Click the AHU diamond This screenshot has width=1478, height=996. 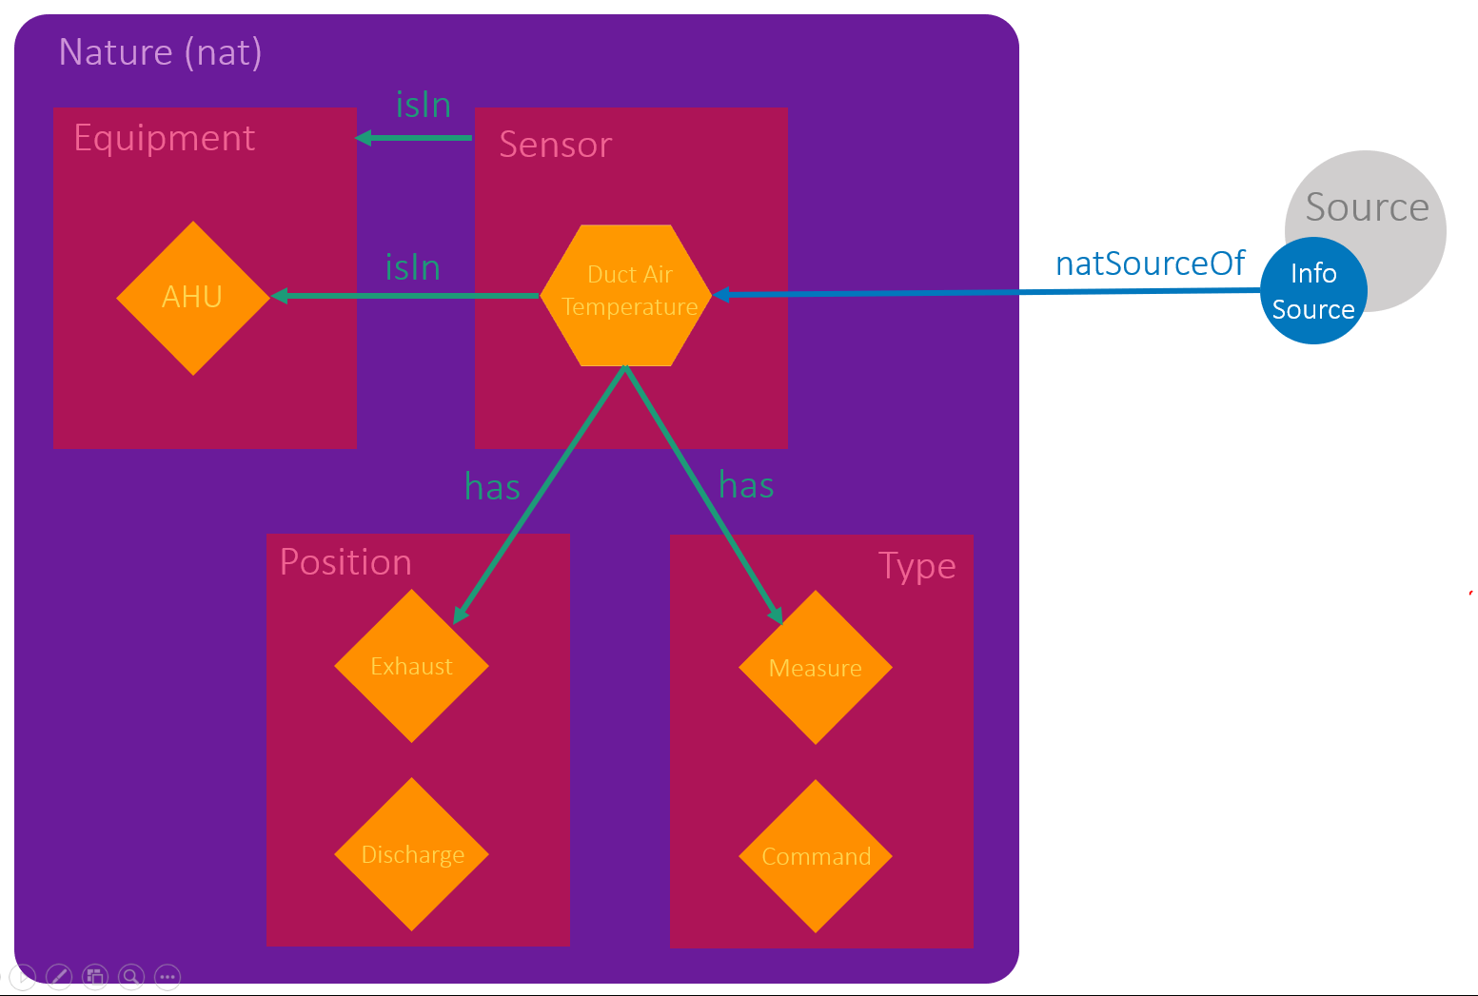193,298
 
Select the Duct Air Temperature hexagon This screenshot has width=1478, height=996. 626,295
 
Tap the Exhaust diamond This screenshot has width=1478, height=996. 411,666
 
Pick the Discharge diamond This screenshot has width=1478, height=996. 411,854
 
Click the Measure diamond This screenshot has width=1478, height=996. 816,668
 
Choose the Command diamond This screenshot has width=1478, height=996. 816,856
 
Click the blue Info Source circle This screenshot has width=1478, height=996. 1313,291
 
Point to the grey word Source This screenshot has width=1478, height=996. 1367,206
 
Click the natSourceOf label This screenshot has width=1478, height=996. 1150,264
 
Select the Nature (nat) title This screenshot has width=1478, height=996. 160,51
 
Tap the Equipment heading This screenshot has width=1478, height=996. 165,138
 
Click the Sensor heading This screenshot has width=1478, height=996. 555,145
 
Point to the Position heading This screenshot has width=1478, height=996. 345,562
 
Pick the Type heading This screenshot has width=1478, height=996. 916,566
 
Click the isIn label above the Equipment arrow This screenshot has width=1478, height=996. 424,105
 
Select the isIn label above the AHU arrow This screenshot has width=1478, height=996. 412,267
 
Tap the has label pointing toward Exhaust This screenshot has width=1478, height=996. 492,487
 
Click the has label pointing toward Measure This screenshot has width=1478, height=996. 746,485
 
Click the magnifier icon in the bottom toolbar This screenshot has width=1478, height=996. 131,976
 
